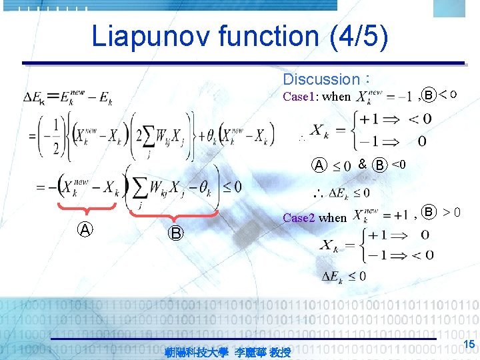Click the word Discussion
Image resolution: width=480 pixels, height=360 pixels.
pyautogui.click(x=321, y=79)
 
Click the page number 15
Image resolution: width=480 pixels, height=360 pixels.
pyautogui.click(x=468, y=343)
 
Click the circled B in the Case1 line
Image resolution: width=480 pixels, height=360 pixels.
pyautogui.click(x=430, y=95)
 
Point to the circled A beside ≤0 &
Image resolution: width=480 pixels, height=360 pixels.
pyautogui.click(x=320, y=165)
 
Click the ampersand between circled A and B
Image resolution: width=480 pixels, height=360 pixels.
pyautogui.click(x=361, y=164)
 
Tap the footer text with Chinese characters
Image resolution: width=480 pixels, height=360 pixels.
pyautogui.click(x=227, y=351)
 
